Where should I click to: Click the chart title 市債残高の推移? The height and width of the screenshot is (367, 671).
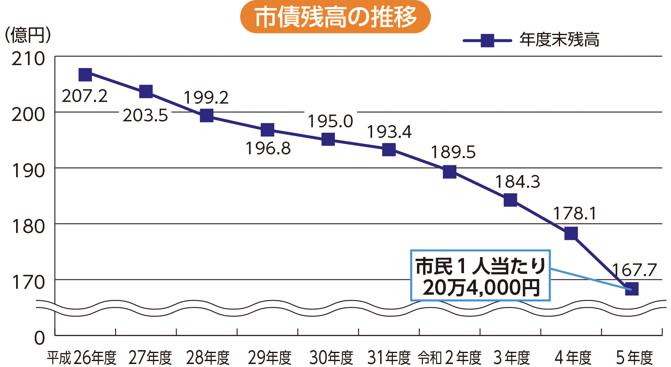click(x=335, y=17)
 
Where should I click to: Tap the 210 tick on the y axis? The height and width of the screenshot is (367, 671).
click(x=28, y=59)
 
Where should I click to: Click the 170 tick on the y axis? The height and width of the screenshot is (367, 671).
click(x=28, y=282)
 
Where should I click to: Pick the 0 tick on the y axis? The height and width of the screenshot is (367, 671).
click(x=39, y=338)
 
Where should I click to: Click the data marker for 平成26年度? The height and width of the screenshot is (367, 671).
click(x=86, y=75)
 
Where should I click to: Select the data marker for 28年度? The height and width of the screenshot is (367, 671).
click(x=207, y=115)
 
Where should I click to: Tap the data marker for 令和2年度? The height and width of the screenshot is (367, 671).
click(x=450, y=172)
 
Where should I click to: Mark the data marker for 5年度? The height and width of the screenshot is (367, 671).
click(x=632, y=289)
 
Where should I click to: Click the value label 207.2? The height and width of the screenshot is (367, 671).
click(x=85, y=96)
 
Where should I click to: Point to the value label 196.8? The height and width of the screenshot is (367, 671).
click(x=268, y=148)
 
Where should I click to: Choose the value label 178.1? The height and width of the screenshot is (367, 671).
click(x=574, y=214)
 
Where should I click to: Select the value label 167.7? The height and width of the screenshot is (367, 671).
click(x=634, y=270)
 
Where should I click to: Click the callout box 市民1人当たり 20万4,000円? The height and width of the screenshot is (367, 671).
click(x=480, y=276)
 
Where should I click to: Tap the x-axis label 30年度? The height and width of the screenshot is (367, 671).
click(x=331, y=358)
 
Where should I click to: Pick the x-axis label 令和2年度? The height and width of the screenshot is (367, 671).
click(x=450, y=358)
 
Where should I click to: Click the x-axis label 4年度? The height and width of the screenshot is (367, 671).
click(x=573, y=358)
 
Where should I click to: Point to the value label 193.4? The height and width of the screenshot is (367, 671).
click(x=389, y=132)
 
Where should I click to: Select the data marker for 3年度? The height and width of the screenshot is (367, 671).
click(x=511, y=200)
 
